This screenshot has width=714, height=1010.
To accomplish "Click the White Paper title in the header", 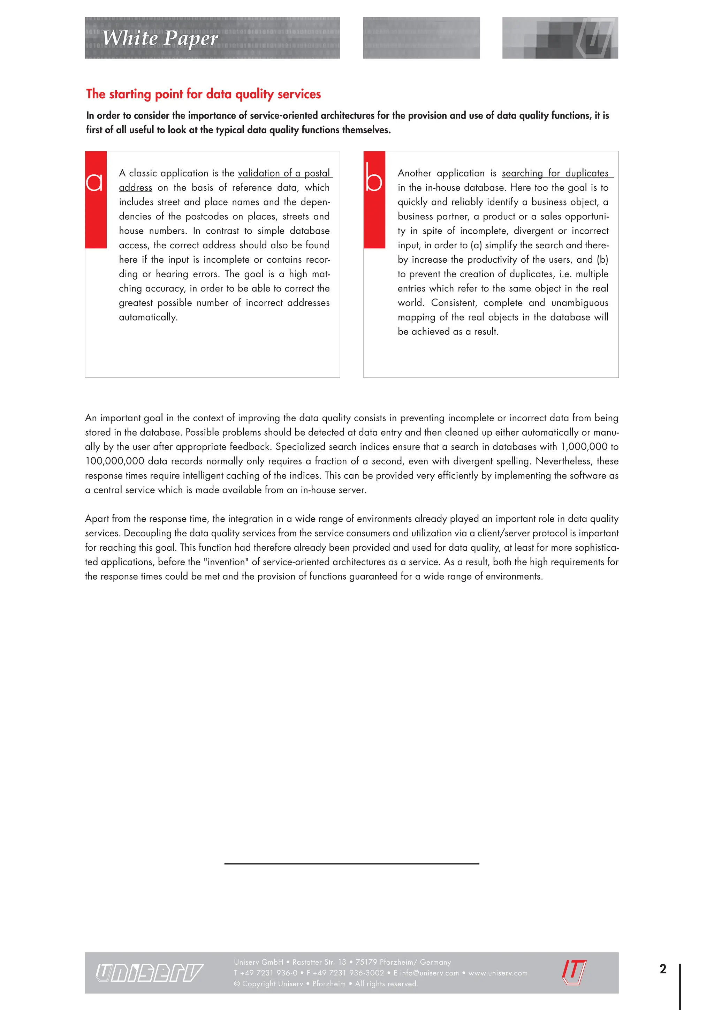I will (x=160, y=38).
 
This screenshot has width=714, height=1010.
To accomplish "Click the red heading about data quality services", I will (x=203, y=94).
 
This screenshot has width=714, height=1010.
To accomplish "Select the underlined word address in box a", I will (x=135, y=188).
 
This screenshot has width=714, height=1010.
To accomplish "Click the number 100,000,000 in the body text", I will (x=114, y=461).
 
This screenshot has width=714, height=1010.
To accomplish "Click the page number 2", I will (x=662, y=969).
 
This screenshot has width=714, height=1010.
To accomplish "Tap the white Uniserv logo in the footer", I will (x=150, y=973).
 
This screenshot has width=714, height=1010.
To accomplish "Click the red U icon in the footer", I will (x=574, y=972).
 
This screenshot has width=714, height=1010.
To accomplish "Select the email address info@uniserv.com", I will (x=429, y=973).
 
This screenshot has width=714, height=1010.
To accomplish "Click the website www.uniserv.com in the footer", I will (x=498, y=973).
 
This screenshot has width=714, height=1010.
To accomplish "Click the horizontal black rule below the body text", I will (x=351, y=864).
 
